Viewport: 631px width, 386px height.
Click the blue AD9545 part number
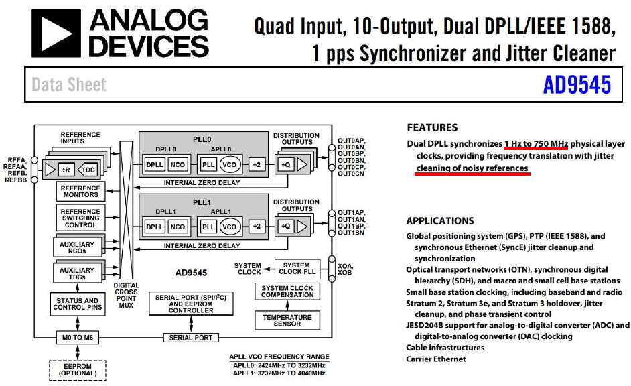click(577, 85)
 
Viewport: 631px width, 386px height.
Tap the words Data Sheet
click(69, 85)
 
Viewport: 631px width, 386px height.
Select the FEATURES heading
click(432, 127)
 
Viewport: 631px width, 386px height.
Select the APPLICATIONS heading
click(440, 220)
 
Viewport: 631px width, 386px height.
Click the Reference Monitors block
click(80, 192)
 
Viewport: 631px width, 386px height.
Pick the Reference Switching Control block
click(80, 218)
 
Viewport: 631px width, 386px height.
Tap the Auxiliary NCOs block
click(78, 247)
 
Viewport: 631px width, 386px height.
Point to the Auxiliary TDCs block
click(78, 273)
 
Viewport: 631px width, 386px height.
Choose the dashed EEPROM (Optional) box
click(77, 369)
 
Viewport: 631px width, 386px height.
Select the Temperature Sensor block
click(287, 320)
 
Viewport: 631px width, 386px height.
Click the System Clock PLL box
click(295, 269)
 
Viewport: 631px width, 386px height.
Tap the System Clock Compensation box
click(287, 292)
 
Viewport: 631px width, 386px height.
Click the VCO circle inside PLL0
click(231, 164)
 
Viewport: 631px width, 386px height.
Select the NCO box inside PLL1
click(178, 227)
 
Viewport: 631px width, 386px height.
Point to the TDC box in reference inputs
click(88, 170)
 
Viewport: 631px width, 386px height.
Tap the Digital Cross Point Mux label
click(126, 295)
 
